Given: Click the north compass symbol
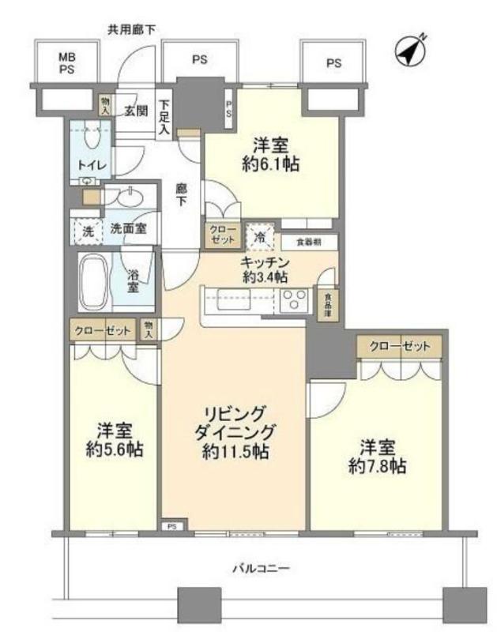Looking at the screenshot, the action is click(410, 52).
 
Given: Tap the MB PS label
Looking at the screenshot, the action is click(67, 63).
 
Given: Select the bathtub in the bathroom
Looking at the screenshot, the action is click(94, 282).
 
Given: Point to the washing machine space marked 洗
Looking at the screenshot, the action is click(88, 231).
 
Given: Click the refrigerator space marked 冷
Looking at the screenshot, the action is click(260, 236).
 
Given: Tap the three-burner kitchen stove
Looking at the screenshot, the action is click(294, 299).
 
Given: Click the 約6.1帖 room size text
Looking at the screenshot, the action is click(270, 164).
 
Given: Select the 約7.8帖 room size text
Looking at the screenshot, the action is click(377, 466).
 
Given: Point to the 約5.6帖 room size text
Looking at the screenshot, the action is click(115, 450).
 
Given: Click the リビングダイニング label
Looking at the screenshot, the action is click(235, 423).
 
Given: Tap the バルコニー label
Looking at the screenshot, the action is click(262, 569).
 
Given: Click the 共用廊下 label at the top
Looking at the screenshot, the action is click(131, 29).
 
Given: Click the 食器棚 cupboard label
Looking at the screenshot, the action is click(309, 243).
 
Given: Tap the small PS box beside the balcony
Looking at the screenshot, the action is click(172, 526).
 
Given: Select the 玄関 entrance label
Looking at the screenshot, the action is click(136, 111).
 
